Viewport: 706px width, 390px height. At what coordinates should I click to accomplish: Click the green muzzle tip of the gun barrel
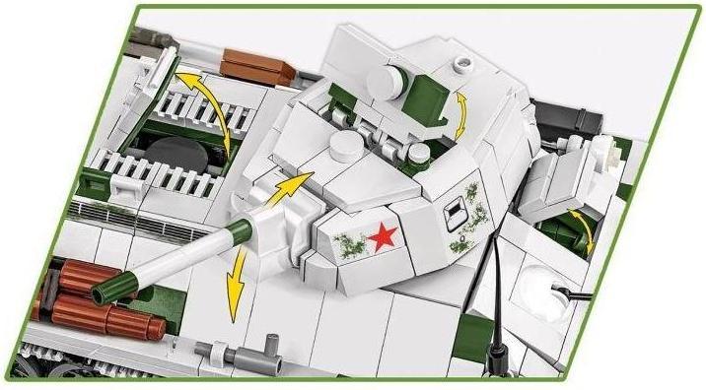(x=103, y=292)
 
